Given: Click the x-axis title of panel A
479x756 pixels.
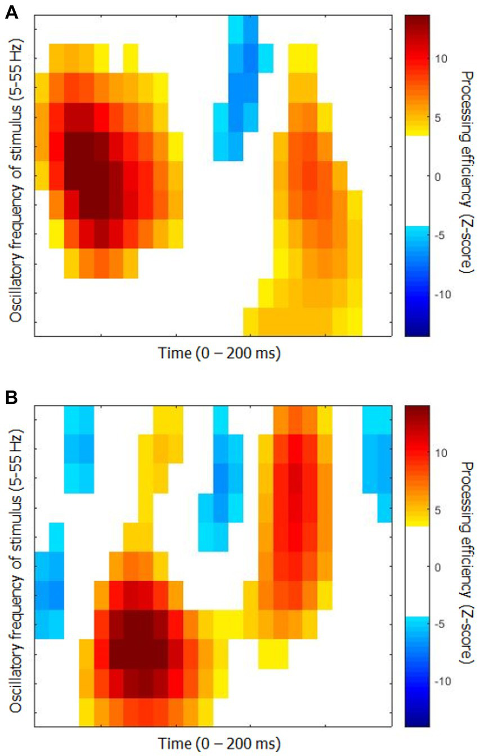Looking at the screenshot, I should [x=220, y=354].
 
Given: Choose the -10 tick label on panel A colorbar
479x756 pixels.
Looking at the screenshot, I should [x=442, y=294].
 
